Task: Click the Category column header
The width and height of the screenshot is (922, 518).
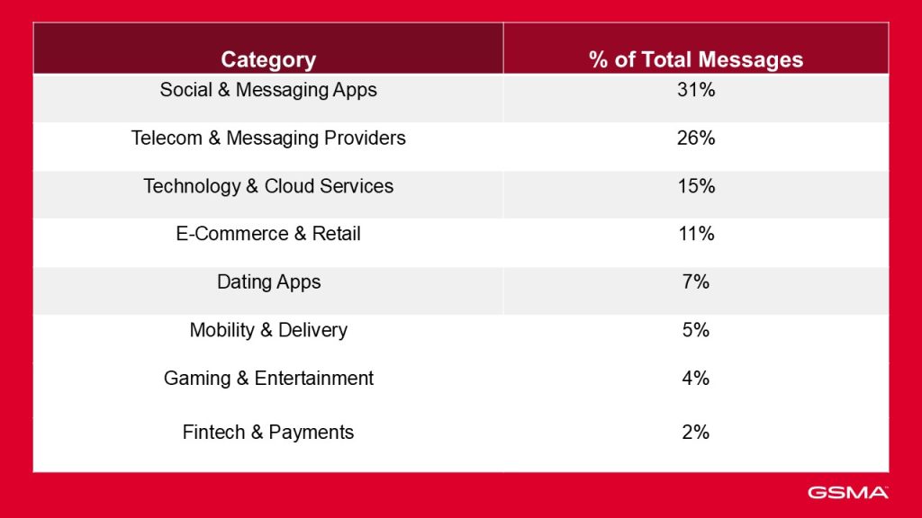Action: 268,60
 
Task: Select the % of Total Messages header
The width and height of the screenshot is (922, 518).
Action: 695,60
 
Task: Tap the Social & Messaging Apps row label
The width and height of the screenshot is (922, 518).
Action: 268,90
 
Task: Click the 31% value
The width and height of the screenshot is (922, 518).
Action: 695,90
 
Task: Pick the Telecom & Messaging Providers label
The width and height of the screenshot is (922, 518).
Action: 268,138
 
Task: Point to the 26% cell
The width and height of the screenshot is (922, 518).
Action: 695,138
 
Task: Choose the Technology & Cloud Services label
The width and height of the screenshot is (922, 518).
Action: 268,186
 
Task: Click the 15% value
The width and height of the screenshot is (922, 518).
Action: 695,186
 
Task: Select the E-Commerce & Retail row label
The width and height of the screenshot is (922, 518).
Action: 268,234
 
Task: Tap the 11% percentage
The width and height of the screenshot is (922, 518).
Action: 695,234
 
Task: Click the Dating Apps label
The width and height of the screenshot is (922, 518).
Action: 268,282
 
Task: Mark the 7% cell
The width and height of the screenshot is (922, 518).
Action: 695,282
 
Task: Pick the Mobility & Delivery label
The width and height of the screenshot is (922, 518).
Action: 268,330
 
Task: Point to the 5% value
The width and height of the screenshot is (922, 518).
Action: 695,330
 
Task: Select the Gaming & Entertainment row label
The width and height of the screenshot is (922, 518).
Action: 268,379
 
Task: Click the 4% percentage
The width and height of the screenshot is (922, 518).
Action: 695,379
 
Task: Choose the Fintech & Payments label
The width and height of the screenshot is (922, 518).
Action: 268,433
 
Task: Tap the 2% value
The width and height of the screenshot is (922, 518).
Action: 695,433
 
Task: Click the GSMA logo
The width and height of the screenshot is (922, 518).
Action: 847,492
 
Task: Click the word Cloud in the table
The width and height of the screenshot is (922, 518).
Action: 287,186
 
